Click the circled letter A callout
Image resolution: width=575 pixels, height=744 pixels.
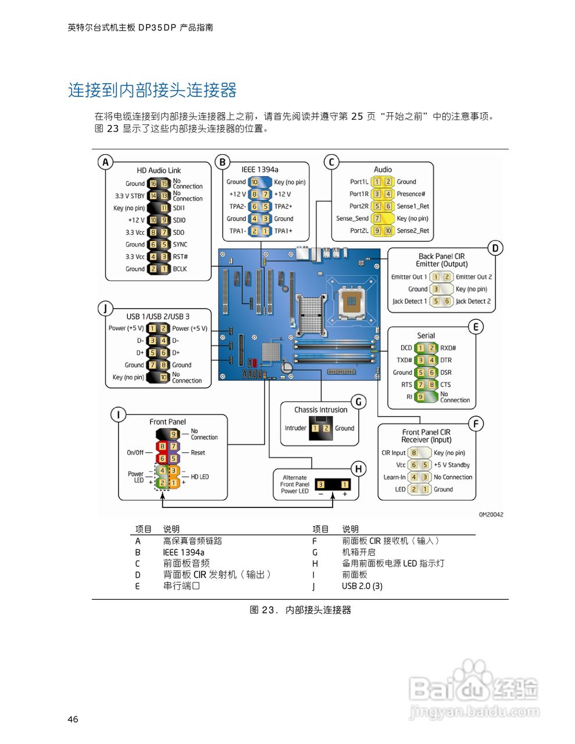point(105,162)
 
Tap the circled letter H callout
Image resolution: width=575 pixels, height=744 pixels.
point(359,468)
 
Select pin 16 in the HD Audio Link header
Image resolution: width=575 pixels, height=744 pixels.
point(153,184)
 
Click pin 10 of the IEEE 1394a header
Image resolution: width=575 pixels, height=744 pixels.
point(254,182)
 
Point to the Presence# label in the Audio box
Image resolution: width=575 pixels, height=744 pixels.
point(410,194)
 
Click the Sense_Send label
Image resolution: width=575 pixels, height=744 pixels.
point(352,219)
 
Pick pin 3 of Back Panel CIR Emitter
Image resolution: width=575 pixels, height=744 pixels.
point(435,289)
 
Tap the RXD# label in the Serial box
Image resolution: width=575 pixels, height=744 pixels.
point(448,348)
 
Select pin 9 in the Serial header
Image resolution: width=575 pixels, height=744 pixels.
point(420,397)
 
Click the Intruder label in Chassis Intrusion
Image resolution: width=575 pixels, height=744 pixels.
point(295,428)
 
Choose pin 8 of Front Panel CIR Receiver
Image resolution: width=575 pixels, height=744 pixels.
point(414,453)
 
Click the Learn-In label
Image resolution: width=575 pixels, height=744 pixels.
point(394,477)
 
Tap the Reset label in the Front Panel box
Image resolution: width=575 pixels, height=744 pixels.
point(198,453)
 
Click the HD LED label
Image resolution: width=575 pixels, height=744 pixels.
point(199,477)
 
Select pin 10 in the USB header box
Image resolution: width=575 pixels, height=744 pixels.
point(164,377)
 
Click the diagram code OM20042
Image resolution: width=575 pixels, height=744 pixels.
point(491,514)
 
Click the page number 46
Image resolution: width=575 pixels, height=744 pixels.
point(73,720)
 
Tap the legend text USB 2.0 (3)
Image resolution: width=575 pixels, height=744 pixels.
point(362,586)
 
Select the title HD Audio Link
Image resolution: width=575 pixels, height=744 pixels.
point(159,170)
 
